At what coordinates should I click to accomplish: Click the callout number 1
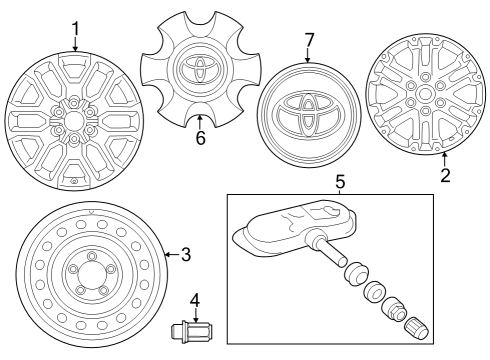point(76,29)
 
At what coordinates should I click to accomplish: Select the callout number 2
point(445,175)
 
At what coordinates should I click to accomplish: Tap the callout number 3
point(186,255)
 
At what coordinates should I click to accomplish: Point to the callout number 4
point(195,300)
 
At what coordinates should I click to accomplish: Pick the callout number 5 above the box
point(340,182)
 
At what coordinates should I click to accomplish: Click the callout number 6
point(200,138)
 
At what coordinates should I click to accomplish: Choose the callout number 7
point(309,40)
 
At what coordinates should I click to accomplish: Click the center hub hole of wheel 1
point(73,121)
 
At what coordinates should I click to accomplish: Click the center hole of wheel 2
point(424,94)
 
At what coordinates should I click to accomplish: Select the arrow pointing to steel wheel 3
point(172,255)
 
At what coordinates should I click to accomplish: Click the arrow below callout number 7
point(307,55)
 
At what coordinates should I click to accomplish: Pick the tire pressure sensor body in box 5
point(295,229)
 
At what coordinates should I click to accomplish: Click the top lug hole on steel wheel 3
point(91,256)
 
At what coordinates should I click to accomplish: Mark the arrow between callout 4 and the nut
point(196,315)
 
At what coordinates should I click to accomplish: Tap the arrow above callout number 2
point(444,159)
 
